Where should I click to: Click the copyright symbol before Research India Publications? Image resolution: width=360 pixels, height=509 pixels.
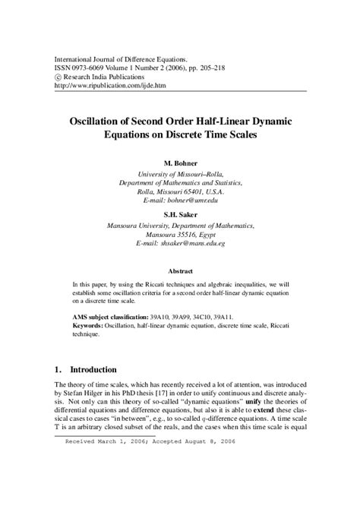(x=58, y=75)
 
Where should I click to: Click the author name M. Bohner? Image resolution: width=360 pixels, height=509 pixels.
(x=180, y=163)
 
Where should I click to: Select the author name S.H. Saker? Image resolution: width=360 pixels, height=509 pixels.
(x=180, y=213)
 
